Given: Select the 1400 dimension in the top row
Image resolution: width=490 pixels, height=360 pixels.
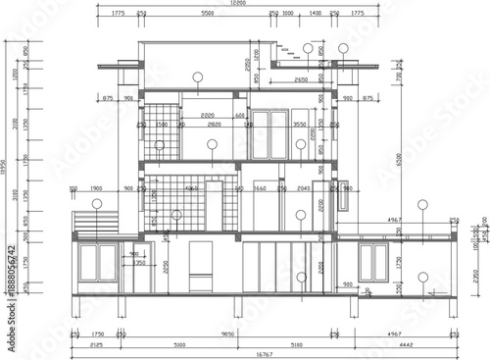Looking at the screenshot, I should coord(315,15).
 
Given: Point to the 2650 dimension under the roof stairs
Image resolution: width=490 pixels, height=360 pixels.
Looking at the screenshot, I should coord(300,77).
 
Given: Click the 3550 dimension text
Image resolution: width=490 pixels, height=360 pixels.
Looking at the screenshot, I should coord(301,125).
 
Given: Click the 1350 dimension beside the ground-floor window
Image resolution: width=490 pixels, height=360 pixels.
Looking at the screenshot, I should coord(139,263).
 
